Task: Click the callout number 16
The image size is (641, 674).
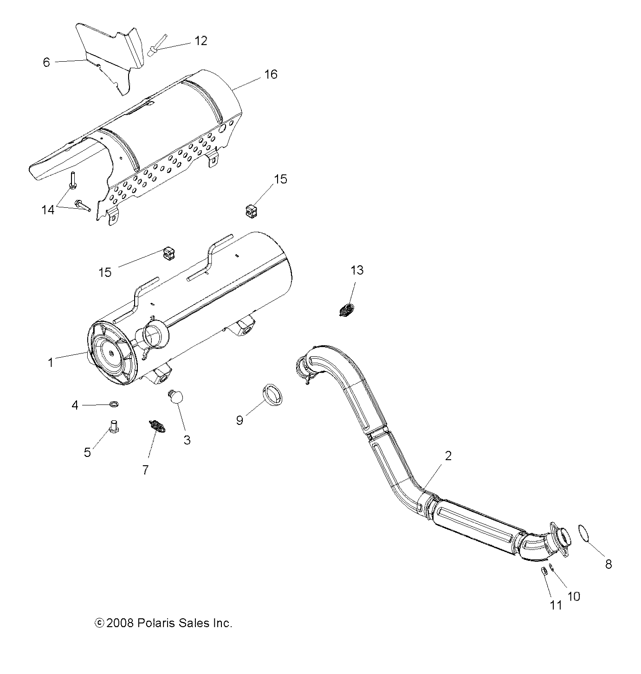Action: [x=271, y=74]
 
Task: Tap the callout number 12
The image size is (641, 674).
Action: [x=201, y=41]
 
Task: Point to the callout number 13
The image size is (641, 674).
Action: [x=357, y=270]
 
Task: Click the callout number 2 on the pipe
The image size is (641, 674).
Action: [x=448, y=456]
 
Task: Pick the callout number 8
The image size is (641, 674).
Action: [x=609, y=564]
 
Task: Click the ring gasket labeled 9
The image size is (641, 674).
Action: [x=273, y=394]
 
